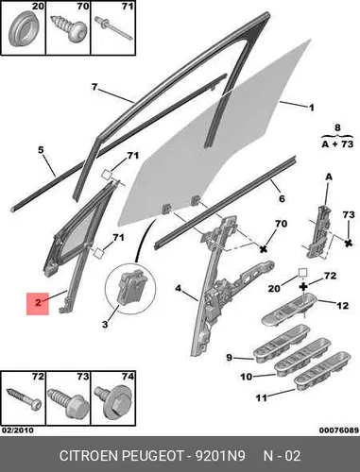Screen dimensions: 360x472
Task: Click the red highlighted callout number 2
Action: tap(38, 303)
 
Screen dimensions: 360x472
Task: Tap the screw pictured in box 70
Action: tap(69, 27)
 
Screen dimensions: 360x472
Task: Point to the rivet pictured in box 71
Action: tap(112, 27)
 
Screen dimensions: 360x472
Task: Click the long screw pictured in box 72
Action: tap(24, 398)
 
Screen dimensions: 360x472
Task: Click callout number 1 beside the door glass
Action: tap(311, 108)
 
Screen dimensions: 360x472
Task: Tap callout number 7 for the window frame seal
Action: tap(94, 87)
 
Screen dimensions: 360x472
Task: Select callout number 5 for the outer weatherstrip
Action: tap(41, 150)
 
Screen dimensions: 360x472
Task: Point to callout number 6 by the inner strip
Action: tap(282, 198)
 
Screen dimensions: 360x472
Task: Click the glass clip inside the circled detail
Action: tap(129, 287)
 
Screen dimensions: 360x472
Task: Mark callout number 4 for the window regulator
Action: tap(179, 288)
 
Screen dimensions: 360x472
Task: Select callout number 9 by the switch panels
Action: tap(230, 358)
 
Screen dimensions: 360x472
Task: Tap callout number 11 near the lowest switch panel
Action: tap(262, 398)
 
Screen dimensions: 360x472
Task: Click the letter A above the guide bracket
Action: tap(329, 177)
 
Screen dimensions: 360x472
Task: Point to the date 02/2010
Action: tap(18, 430)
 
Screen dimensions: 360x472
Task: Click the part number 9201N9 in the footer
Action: tap(219, 456)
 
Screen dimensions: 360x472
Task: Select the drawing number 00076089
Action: tap(339, 430)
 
